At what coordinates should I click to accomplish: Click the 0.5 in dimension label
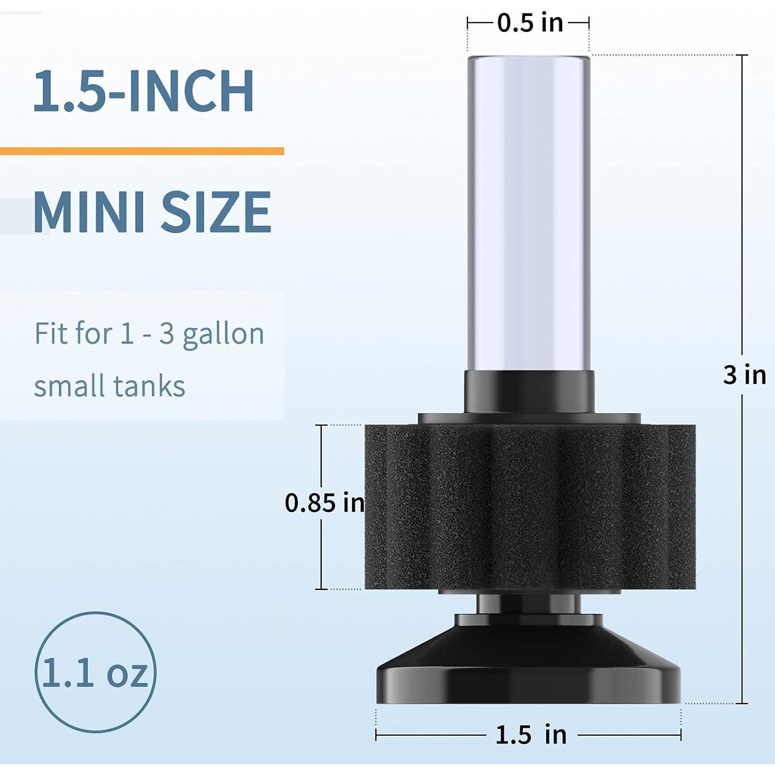click(530, 23)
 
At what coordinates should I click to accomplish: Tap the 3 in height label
click(744, 375)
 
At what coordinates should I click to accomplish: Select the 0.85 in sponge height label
click(324, 503)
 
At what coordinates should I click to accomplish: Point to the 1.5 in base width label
click(531, 735)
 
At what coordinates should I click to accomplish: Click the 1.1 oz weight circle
click(96, 672)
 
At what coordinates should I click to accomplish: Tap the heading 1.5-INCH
click(143, 91)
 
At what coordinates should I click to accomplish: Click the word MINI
click(88, 212)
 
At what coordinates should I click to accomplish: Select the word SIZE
click(216, 212)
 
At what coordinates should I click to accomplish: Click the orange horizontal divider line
click(142, 151)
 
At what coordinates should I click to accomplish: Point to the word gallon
click(223, 334)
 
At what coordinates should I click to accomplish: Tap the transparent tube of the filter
click(529, 212)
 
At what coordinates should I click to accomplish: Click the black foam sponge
click(530, 506)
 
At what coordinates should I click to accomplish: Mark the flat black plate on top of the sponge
click(529, 419)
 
